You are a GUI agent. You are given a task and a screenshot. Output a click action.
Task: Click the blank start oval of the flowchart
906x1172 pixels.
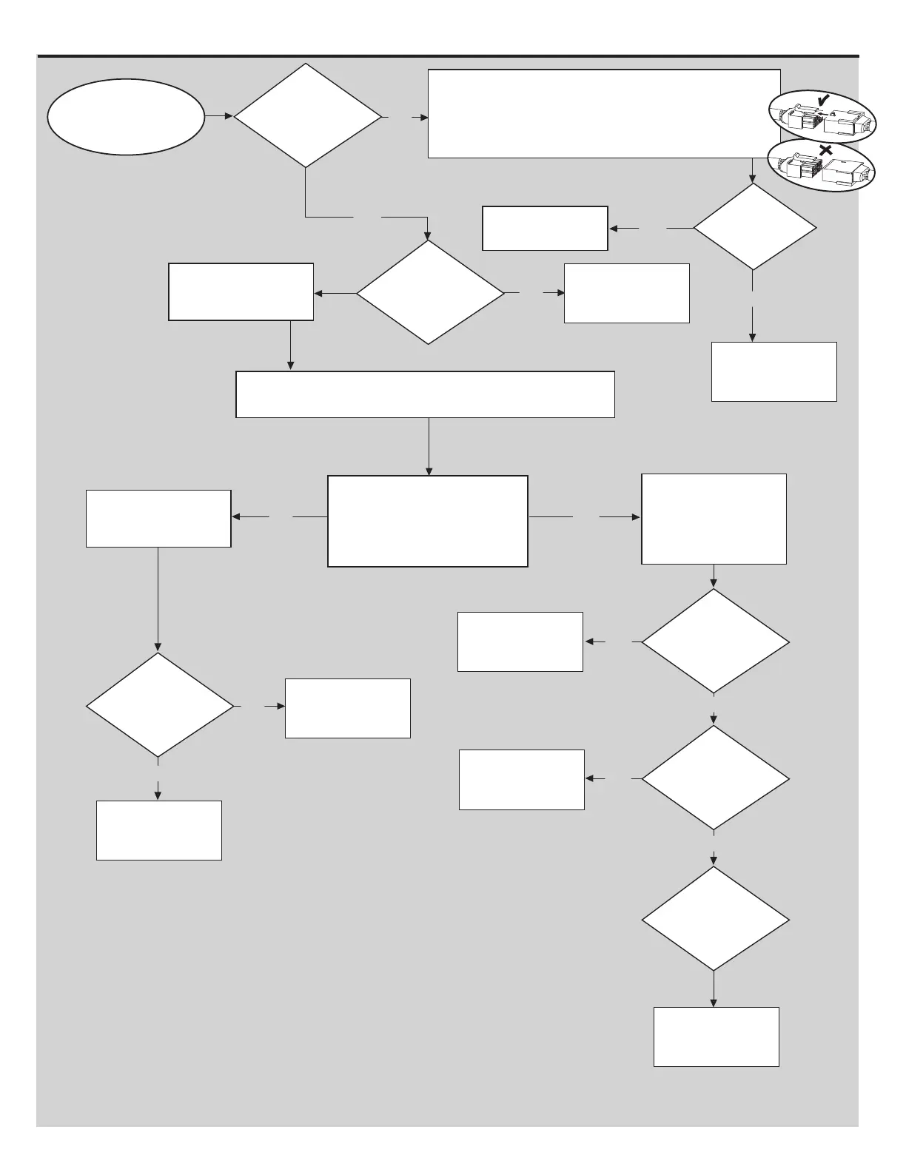(125, 117)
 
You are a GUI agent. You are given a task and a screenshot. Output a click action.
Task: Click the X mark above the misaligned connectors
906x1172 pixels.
(826, 150)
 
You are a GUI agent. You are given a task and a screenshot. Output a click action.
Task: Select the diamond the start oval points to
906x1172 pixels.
(307, 115)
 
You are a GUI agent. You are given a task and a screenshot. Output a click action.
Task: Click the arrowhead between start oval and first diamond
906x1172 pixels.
(229, 117)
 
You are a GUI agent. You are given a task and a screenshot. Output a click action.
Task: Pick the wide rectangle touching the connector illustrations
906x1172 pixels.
(604, 113)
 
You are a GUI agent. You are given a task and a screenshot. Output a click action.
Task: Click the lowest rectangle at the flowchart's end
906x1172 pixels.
(716, 1036)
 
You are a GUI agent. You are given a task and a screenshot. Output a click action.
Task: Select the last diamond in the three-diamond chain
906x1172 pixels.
(714, 918)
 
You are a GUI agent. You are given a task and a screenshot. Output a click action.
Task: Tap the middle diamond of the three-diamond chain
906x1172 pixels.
(714, 778)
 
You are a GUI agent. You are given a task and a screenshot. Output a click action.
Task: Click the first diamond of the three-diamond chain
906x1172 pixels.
(714, 641)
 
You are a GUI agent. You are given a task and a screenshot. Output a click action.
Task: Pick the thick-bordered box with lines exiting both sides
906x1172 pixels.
(427, 521)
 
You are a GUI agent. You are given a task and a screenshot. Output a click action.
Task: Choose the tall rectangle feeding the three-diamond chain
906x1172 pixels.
(714, 519)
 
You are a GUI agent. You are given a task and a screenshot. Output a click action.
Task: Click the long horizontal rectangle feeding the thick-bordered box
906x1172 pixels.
(425, 394)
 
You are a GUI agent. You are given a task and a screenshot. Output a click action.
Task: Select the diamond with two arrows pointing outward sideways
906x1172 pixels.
(429, 292)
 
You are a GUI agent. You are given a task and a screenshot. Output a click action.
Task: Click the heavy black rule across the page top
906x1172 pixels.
(448, 55)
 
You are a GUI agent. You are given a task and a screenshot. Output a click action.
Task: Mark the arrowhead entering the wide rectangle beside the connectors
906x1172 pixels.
(424, 118)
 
